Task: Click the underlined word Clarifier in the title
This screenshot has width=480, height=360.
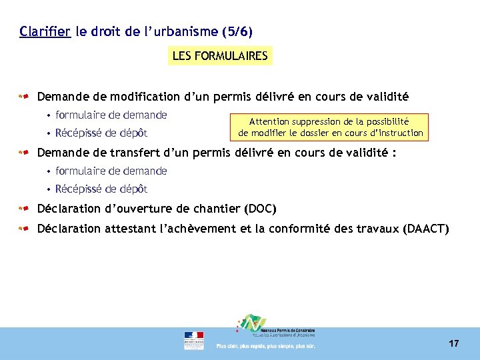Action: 45,31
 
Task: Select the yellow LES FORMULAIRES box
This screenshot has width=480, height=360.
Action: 219,56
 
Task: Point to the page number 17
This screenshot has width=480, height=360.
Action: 453,343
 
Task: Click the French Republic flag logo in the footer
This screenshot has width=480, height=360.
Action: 194,340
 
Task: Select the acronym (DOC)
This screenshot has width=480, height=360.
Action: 261,209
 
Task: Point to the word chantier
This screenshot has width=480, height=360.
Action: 213,209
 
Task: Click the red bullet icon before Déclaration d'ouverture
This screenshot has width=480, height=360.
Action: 25,209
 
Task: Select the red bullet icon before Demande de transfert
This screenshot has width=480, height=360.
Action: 25,152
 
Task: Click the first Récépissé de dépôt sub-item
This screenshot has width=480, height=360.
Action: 101,133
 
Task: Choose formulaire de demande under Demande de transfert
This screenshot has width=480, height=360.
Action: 111,171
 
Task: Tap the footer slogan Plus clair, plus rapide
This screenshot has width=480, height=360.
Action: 265,346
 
